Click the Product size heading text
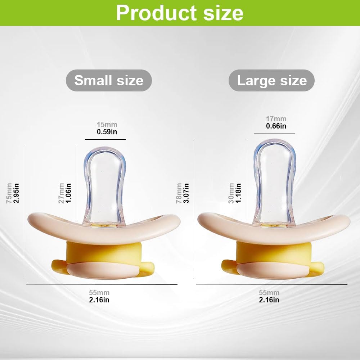(180, 13)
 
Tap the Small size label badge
(109, 80)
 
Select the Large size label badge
(271, 80)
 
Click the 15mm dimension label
(107, 125)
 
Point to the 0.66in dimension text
(276, 126)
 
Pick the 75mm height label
(9, 193)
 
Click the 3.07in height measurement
(186, 193)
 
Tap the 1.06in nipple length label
(68, 193)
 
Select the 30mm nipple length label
(231, 193)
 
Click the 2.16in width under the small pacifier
(99, 300)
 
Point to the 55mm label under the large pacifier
(269, 292)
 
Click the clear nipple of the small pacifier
(105, 186)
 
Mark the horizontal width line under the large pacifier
(272, 285)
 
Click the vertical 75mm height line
(24, 212)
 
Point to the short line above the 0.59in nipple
(105, 139)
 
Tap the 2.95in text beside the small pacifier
(17, 193)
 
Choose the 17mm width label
(276, 119)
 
